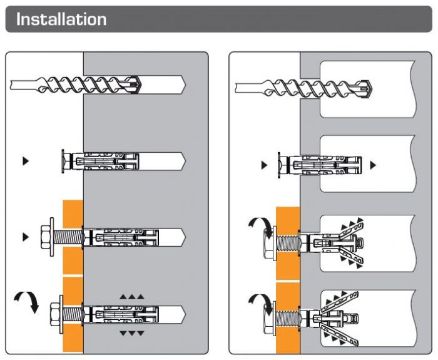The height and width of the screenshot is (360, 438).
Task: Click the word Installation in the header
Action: click(x=61, y=19)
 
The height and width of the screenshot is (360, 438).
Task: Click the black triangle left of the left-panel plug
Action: click(x=26, y=161)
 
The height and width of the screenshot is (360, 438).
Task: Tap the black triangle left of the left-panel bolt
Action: click(x=26, y=237)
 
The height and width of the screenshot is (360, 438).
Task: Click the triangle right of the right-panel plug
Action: click(x=373, y=165)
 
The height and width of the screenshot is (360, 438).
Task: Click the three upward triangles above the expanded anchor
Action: click(x=132, y=295)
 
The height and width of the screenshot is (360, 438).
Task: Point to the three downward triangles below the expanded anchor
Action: click(x=132, y=332)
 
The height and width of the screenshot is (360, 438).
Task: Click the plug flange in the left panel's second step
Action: click(x=63, y=161)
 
